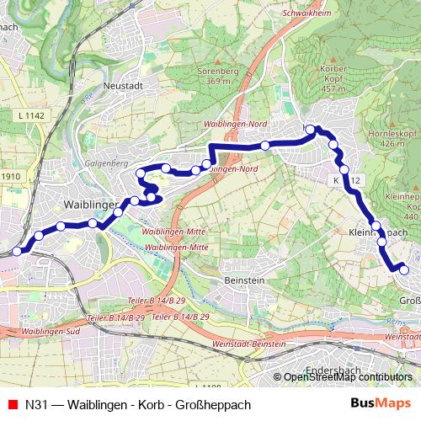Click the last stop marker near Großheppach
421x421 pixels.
point(403,269)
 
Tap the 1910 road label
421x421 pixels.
point(10,176)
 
